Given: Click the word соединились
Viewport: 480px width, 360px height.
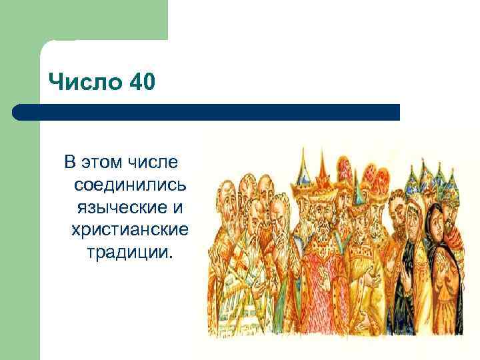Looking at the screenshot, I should pyautogui.click(x=131, y=184).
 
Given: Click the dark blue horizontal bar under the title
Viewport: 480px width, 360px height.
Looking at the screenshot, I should pyautogui.click(x=207, y=112).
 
